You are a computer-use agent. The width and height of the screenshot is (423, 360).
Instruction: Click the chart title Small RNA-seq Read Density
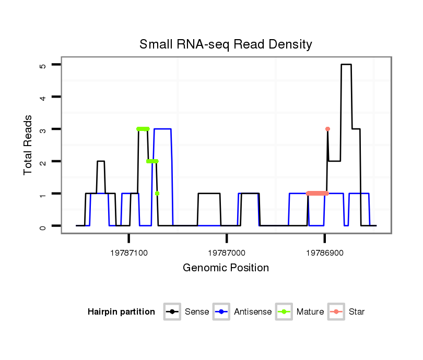tap(226, 44)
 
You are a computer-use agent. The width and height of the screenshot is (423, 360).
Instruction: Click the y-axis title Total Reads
tap(28, 145)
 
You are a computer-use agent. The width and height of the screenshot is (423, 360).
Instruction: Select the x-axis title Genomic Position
tap(226, 268)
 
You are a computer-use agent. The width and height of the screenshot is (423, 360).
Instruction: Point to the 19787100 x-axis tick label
tap(129, 253)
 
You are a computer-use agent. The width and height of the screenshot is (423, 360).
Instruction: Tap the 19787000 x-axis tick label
tap(227, 253)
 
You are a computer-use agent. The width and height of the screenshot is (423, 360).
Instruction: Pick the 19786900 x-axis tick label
tap(324, 253)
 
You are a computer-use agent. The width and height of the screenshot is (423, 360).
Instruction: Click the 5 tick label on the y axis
tap(43, 65)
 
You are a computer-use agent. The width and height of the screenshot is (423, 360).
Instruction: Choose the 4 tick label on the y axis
tap(43, 98)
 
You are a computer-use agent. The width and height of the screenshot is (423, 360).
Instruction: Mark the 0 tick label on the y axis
tap(43, 226)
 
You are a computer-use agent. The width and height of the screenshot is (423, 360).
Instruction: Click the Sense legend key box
tap(172, 312)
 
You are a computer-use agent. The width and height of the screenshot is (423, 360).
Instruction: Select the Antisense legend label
tap(253, 312)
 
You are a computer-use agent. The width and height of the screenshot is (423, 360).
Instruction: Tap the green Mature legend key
tap(284, 312)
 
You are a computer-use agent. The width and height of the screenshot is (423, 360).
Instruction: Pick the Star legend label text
tap(357, 312)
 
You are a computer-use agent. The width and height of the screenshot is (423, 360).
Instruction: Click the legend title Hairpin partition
tap(121, 312)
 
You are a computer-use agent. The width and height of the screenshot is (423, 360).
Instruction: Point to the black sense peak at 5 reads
tap(346, 65)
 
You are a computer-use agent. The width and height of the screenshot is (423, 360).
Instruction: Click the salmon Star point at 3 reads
tap(327, 129)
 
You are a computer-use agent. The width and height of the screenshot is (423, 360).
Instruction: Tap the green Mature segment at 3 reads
tap(143, 129)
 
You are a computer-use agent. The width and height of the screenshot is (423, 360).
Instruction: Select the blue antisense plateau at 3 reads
tap(162, 129)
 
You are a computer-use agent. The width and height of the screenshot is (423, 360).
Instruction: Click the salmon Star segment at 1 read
tap(317, 194)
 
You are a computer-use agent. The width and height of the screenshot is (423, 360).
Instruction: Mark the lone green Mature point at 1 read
tap(157, 194)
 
